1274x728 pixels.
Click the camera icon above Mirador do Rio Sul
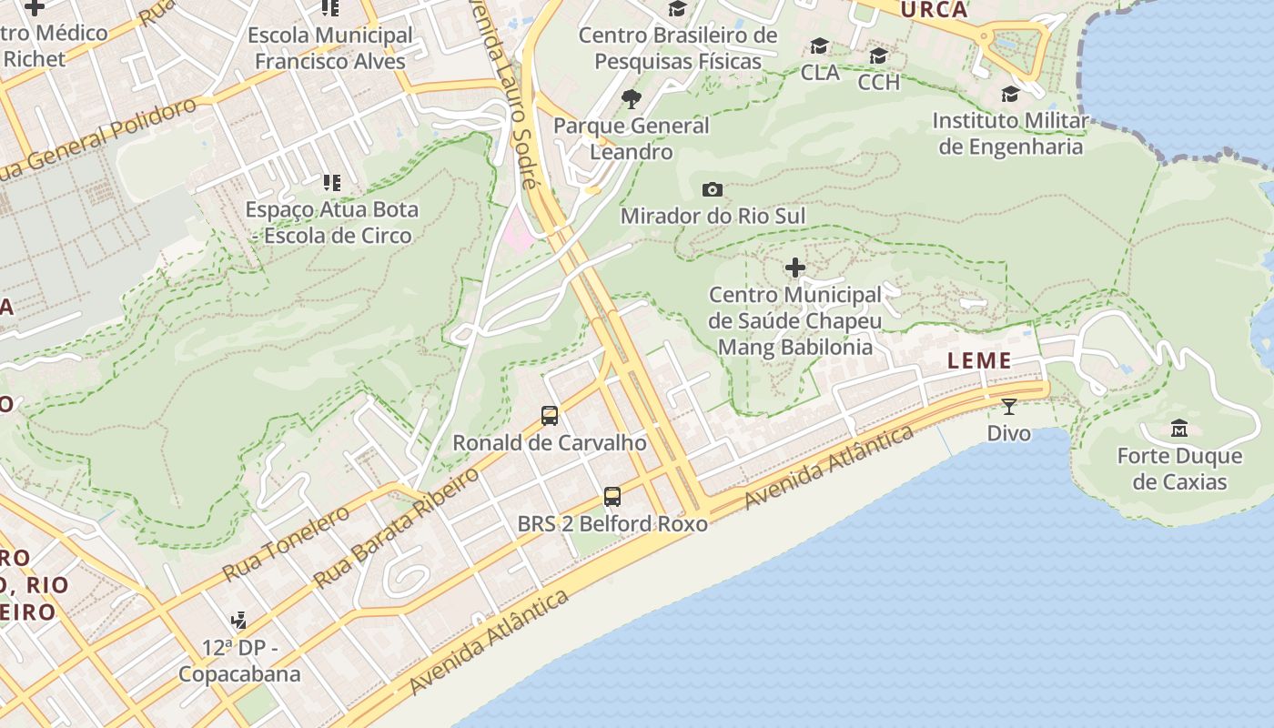[713, 189]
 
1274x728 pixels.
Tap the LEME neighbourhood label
[979, 360]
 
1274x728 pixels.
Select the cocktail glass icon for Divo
[1008, 406]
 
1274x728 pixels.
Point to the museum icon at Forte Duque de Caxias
[1179, 428]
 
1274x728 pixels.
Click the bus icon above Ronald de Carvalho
[550, 416]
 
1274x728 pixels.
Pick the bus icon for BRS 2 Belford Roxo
[612, 497]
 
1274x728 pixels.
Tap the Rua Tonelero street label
[286, 544]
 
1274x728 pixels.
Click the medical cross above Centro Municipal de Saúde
[795, 268]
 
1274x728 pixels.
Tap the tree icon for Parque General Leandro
[631, 99]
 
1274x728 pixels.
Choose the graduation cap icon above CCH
[878, 56]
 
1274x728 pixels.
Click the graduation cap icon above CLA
[820, 46]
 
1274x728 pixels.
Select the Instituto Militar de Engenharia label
[1010, 134]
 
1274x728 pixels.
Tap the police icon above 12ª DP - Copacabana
[238, 621]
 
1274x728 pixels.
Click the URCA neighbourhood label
[934, 10]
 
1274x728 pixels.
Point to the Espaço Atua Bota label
[332, 222]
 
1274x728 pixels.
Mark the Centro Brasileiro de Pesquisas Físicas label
[678, 48]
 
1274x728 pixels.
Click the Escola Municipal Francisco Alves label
[330, 48]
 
